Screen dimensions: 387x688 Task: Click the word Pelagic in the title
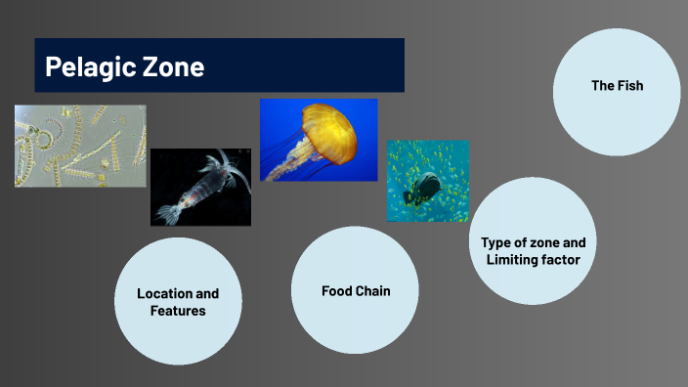click(86, 67)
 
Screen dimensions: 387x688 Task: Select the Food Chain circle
click(355, 290)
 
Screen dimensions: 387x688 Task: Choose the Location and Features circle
click(178, 301)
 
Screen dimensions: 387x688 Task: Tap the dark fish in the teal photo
click(426, 187)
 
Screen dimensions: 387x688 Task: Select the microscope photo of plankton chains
click(80, 146)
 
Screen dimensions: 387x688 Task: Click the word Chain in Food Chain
click(372, 290)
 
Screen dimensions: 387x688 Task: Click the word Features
click(178, 311)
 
